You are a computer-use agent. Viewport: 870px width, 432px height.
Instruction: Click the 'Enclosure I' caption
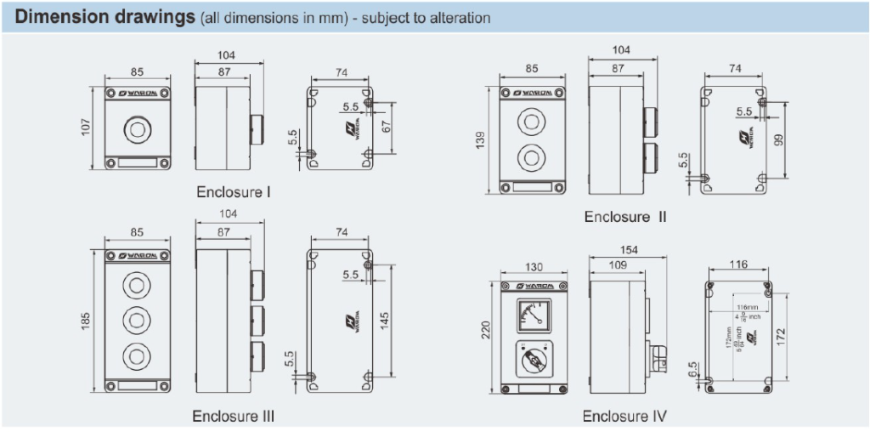pyautogui.click(x=234, y=192)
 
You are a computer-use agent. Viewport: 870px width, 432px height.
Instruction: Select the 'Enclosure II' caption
pyautogui.click(x=625, y=217)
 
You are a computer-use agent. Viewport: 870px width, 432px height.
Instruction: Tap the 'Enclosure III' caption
pyautogui.click(x=233, y=416)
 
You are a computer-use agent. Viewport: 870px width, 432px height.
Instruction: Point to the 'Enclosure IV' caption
pyautogui.click(x=624, y=416)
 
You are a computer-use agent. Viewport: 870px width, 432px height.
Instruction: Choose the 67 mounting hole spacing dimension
pyautogui.click(x=384, y=128)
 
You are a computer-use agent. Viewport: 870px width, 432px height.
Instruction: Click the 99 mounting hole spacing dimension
pyautogui.click(x=777, y=139)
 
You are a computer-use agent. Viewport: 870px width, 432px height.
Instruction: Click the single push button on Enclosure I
pyautogui.click(x=136, y=130)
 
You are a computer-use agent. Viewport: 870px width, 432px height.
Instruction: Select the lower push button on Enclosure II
pyautogui.click(x=529, y=157)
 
